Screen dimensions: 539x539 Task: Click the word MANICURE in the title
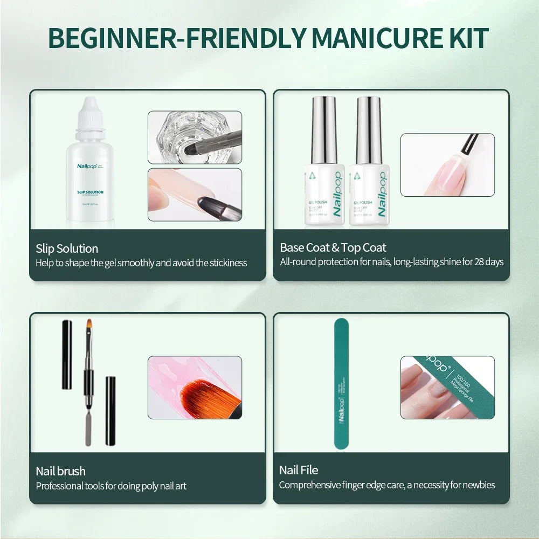coord(369,38)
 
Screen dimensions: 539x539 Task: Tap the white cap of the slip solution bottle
coord(89,112)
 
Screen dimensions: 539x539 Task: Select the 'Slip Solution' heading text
coord(67,248)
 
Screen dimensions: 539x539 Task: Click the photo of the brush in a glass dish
coord(195,137)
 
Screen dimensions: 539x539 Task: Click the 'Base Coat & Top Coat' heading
coord(333,248)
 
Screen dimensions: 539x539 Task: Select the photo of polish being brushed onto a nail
coord(447,165)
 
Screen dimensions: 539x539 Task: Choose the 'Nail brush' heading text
coord(60,472)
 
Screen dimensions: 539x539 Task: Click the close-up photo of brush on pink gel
coord(195,387)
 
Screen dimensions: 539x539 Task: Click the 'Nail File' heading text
coord(299,471)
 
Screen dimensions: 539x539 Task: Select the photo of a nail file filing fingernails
coord(447,387)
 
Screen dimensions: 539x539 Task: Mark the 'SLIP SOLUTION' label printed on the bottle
coord(90,192)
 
